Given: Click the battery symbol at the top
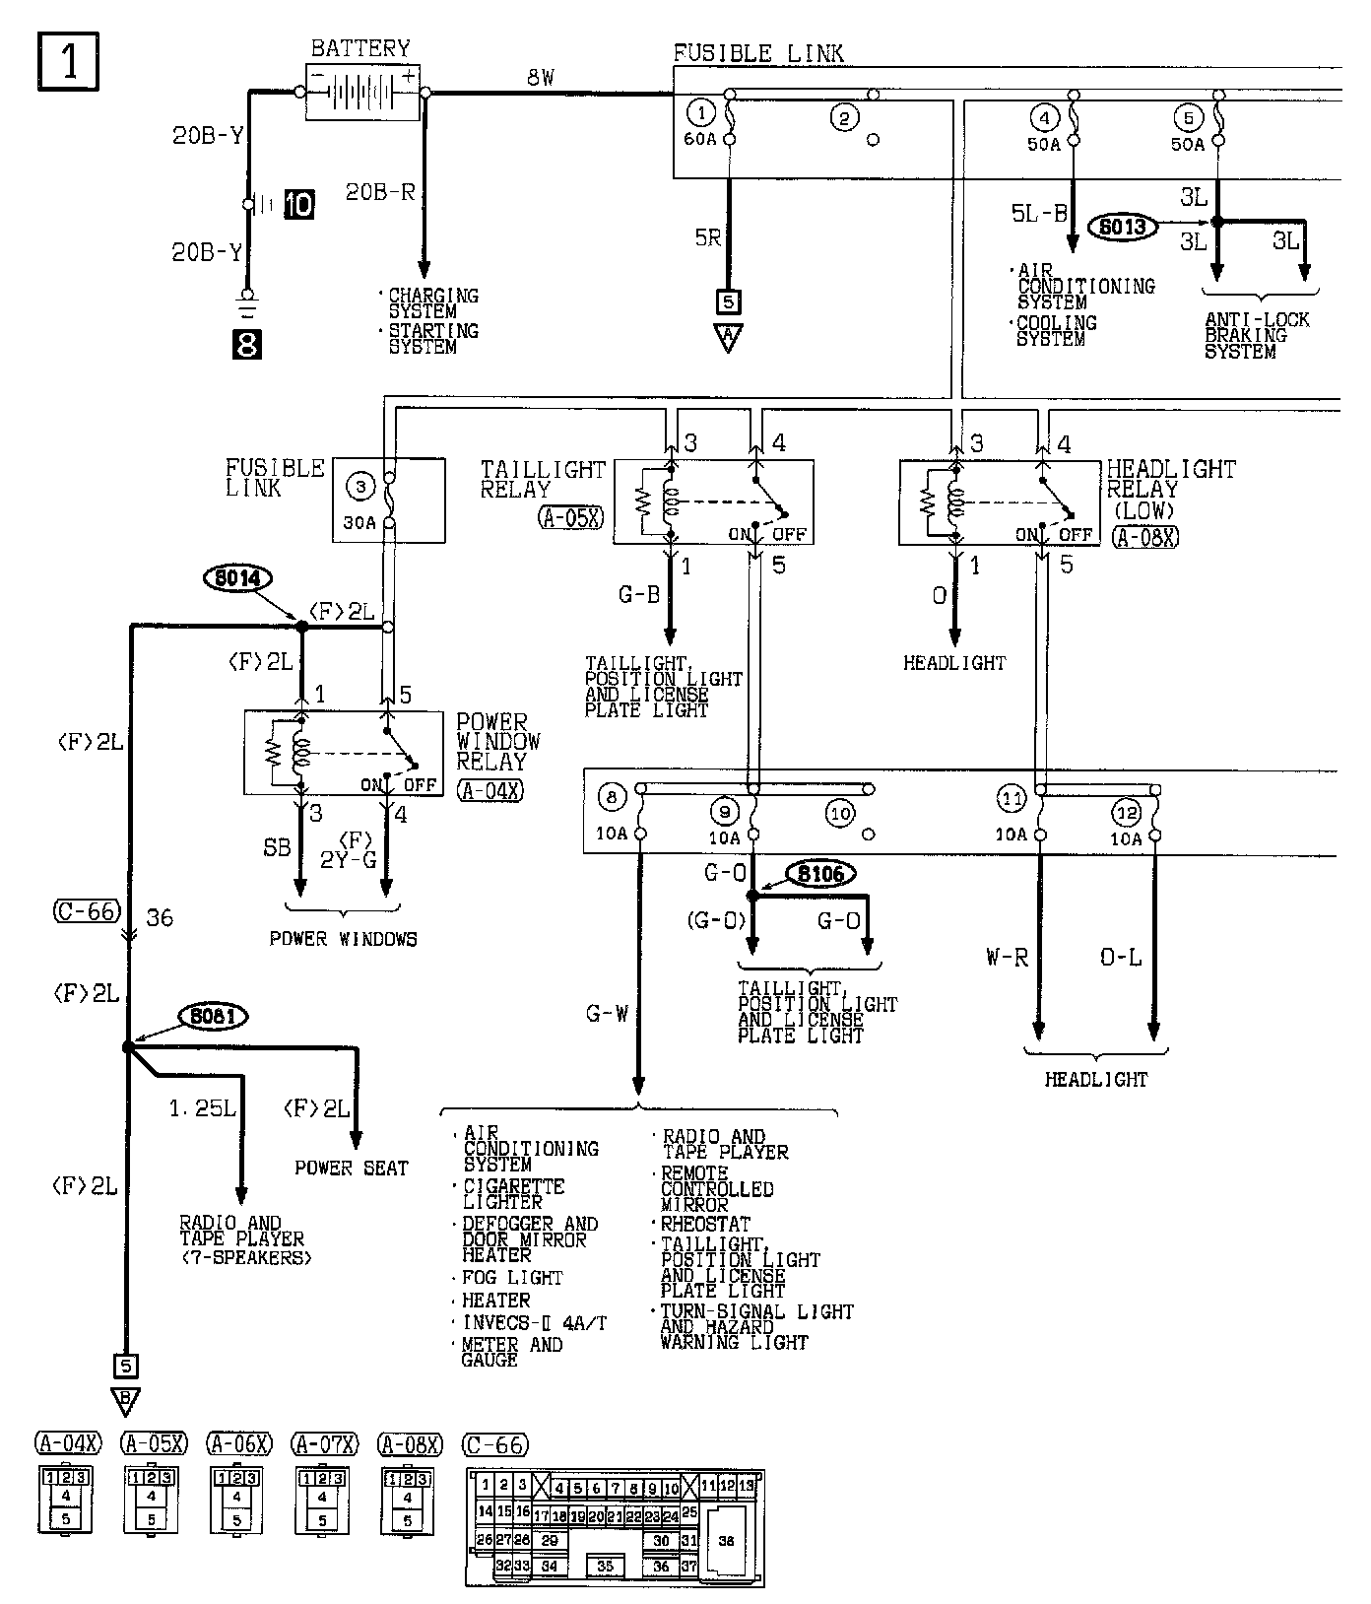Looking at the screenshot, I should [x=361, y=93].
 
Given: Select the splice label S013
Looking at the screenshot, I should [x=1122, y=227].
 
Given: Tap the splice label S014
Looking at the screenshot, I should [x=237, y=578].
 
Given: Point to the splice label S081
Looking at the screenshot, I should [x=212, y=1016].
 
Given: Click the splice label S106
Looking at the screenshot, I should [x=820, y=873].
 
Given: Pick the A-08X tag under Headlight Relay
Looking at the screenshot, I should [x=1145, y=537].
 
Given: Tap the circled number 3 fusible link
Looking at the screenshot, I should [x=361, y=485].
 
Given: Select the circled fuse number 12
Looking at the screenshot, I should [x=1126, y=814].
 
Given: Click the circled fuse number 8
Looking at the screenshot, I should [x=612, y=797].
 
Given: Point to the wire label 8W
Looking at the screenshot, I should [x=541, y=77].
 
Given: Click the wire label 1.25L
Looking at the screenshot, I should [x=202, y=1108].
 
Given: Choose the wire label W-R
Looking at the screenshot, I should [x=1007, y=957].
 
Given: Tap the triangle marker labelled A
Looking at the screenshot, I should [x=728, y=338].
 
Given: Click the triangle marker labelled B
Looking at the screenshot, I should [x=126, y=1400].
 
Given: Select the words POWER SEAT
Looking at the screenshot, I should [x=351, y=1168].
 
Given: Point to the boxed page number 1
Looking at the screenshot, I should [x=69, y=61].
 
